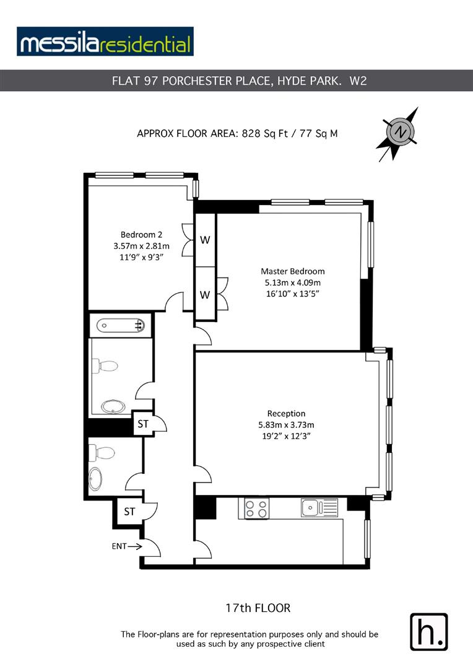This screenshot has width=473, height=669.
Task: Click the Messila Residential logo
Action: pyautogui.click(x=105, y=42)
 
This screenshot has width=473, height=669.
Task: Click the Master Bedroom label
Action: pyautogui.click(x=292, y=271)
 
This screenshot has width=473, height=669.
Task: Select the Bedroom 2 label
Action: pyautogui.click(x=141, y=234)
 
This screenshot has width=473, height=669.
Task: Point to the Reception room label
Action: pyautogui.click(x=286, y=413)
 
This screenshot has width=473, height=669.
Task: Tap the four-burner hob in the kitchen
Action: pyautogui.click(x=256, y=509)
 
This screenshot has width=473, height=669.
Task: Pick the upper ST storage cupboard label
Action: pyautogui.click(x=143, y=424)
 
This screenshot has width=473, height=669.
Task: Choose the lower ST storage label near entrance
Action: pyautogui.click(x=129, y=512)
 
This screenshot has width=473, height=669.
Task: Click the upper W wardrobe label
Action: pyautogui.click(x=205, y=240)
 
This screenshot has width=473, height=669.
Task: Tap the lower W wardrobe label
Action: pyautogui.click(x=205, y=294)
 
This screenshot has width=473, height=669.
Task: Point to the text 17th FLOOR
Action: pyautogui.click(x=258, y=608)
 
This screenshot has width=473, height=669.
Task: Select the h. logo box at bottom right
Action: pyautogui.click(x=428, y=631)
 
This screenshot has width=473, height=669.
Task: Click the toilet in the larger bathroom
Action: pyautogui.click(x=105, y=366)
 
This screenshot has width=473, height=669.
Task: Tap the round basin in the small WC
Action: pyautogui.click(x=96, y=478)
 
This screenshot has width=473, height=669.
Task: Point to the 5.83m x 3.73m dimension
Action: pyautogui.click(x=286, y=425)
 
